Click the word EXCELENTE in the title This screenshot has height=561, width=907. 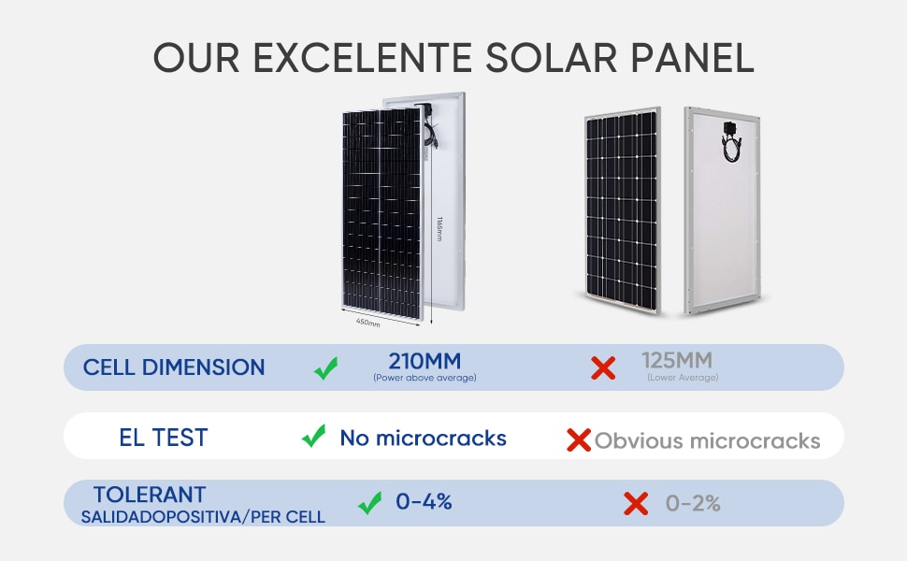[363, 58]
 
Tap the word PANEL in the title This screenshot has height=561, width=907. [692, 58]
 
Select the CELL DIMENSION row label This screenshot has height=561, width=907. [174, 367]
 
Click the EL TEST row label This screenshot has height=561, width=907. [163, 438]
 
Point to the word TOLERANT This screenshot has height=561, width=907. [150, 495]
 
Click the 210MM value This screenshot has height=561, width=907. [425, 361]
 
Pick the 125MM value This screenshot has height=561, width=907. [677, 360]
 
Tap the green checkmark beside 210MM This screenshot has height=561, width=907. [326, 367]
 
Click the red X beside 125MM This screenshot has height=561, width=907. [603, 367]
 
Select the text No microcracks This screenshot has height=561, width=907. [423, 439]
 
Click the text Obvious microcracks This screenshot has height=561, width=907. [708, 440]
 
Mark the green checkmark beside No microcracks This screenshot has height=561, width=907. [313, 436]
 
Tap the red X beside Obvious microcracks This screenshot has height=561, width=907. [579, 439]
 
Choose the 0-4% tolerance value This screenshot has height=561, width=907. [424, 501]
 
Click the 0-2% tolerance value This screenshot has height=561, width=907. [693, 503]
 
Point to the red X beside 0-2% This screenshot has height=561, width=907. [636, 503]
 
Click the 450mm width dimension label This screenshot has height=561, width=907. [367, 323]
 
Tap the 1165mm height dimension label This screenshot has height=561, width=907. [439, 229]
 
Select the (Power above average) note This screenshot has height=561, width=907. [425, 378]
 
